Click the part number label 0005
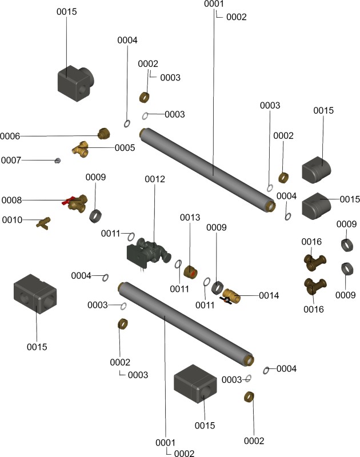(x=125, y=147)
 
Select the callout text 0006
(x=10, y=136)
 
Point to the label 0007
(x=11, y=160)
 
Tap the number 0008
(x=11, y=200)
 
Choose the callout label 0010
(x=12, y=219)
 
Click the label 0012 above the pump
(x=154, y=179)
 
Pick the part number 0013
(x=190, y=218)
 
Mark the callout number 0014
(x=269, y=295)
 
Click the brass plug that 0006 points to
(x=103, y=134)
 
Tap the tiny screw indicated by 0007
(x=57, y=161)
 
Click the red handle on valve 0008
(x=67, y=201)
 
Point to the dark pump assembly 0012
(x=150, y=251)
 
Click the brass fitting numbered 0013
(x=191, y=268)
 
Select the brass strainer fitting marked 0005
(x=81, y=150)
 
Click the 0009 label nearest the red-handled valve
(x=95, y=177)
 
